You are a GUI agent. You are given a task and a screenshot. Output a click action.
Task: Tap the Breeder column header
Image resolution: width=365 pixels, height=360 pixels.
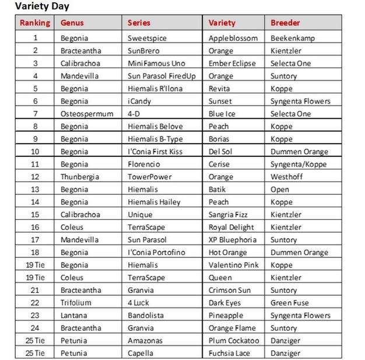tap(285, 23)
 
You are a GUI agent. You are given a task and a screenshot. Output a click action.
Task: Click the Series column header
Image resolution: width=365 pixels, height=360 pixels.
tap(139, 23)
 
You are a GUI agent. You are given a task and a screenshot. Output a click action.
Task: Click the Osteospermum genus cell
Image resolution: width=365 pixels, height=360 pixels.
tap(87, 114)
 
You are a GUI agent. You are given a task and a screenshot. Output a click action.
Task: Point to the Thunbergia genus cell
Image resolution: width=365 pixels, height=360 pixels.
tap(80, 177)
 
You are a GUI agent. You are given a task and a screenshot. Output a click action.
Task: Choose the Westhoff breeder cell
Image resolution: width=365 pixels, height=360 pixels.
tap(286, 177)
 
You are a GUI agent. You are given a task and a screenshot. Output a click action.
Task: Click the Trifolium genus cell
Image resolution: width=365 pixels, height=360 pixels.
tap(77, 303)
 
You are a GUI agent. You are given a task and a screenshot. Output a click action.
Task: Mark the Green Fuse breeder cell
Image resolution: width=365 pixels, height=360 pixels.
tap(290, 303)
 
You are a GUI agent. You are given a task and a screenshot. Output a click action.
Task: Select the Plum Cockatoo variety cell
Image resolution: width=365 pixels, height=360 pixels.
tap(234, 341)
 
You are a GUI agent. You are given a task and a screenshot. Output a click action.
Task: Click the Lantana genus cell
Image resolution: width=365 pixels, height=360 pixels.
tap(75, 316)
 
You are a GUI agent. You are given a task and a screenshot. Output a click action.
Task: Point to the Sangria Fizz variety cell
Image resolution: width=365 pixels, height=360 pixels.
tap(231, 215)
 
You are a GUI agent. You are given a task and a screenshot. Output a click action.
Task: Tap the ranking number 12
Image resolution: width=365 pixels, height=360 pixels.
tap(35, 177)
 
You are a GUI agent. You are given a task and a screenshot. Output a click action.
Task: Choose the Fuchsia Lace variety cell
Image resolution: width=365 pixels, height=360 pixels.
tap(229, 353)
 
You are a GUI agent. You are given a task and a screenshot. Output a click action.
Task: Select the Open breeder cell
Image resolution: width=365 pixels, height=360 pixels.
tap(280, 190)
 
